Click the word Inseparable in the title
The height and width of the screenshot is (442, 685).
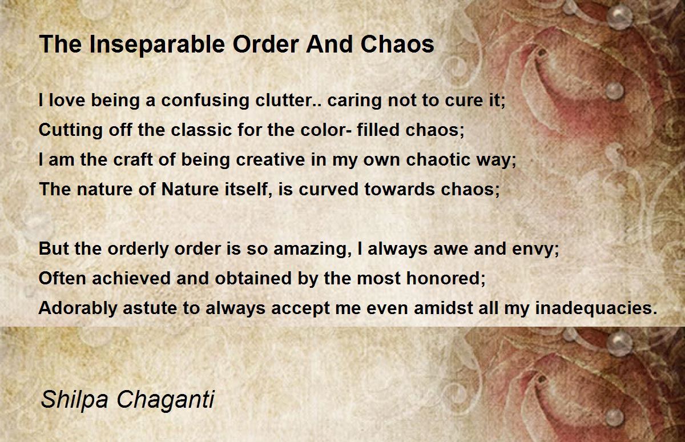158,45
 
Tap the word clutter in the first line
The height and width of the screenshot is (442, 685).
284,100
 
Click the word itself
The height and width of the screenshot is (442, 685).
248,189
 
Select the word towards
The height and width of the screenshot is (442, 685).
400,189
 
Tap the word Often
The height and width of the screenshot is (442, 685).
62,278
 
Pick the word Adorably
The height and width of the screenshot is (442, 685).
78,308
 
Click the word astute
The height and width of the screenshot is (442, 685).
150,308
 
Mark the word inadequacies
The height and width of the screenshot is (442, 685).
596,308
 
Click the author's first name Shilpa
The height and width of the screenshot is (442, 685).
74,400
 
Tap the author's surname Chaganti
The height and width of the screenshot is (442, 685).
166,400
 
